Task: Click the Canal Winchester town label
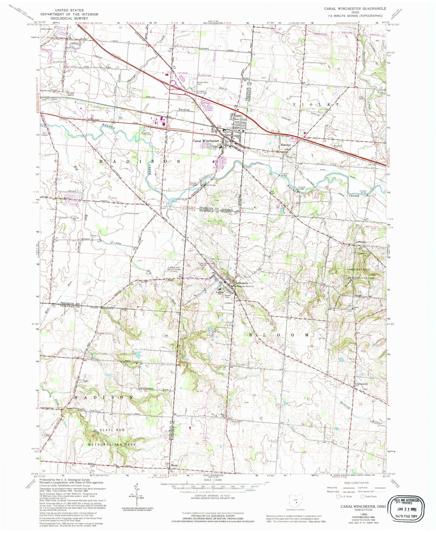click(206, 141)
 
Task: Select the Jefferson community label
click(361, 242)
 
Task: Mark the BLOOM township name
click(278, 335)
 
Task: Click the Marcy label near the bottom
click(174, 465)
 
